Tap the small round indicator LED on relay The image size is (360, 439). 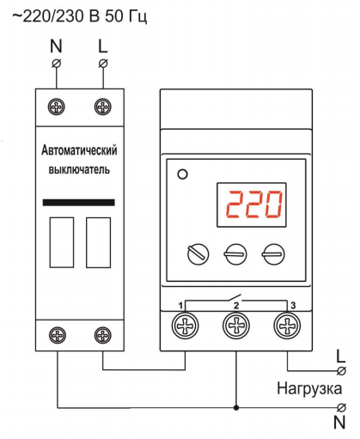[182, 174]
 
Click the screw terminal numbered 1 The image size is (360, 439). [186, 326]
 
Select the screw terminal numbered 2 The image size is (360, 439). [236, 326]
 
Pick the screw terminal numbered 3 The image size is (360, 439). [287, 326]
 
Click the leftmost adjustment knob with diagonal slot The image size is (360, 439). [198, 254]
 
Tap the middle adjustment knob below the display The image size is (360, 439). [235, 254]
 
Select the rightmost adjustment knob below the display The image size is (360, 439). [273, 254]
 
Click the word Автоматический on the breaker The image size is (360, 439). [79, 150]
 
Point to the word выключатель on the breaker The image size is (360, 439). [79, 169]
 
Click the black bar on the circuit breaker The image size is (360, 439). [79, 203]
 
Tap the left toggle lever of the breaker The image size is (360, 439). [62, 242]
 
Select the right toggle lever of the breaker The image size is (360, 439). [99, 242]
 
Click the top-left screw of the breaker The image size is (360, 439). [56, 107]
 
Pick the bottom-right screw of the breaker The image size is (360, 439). [103, 335]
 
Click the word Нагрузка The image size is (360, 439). [309, 389]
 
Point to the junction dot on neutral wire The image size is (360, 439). [236, 407]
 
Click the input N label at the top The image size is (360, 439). [56, 46]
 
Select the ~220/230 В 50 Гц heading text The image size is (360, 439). [80, 16]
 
